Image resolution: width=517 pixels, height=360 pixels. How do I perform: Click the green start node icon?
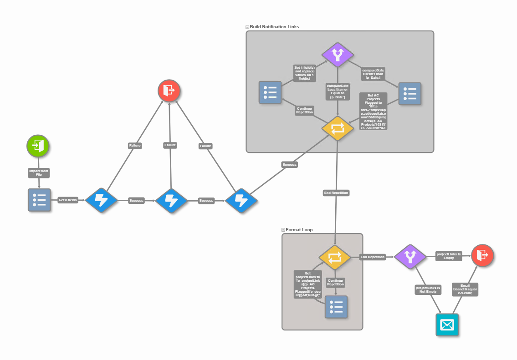38,146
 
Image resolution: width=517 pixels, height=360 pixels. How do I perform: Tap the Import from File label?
39,172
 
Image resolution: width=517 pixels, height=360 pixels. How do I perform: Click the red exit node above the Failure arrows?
169,91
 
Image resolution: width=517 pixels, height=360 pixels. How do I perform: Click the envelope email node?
447,325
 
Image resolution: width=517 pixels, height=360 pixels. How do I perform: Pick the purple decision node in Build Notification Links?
338,55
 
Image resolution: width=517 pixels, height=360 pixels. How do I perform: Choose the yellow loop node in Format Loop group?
334,257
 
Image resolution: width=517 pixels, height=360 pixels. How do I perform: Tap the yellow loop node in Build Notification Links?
338,128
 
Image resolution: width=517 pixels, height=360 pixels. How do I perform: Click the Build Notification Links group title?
274,27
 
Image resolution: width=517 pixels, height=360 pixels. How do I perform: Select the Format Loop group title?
299,230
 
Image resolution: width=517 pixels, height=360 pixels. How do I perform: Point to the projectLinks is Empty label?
449,255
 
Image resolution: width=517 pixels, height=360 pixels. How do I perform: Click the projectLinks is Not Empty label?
428,289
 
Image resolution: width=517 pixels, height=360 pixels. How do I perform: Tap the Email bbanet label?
465,289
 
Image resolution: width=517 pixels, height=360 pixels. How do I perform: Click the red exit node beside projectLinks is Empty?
482,255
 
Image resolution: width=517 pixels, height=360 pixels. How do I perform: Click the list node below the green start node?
39,200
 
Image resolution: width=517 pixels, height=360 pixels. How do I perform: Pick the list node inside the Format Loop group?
336,307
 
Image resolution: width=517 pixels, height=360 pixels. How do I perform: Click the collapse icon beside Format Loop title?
283,230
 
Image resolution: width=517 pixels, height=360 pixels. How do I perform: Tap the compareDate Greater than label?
373,74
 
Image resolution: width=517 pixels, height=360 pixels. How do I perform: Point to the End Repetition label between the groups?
336,193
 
